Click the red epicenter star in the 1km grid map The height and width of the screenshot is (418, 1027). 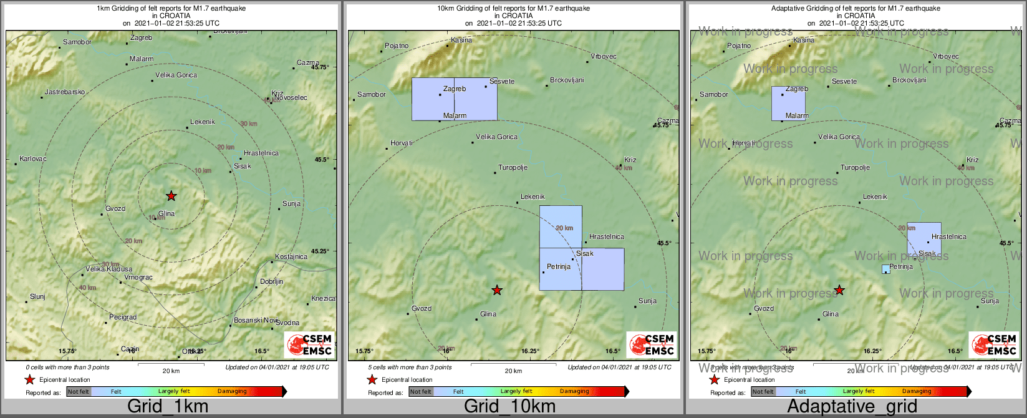click(171, 196)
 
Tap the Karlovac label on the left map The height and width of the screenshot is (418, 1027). click(33, 158)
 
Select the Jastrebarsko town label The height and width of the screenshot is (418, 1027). click(64, 92)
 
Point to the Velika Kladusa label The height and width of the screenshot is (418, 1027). click(108, 269)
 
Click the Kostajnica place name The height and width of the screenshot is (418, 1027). click(291, 256)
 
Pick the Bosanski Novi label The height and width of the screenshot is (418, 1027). click(256, 320)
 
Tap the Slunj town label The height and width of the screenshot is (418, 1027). click(37, 296)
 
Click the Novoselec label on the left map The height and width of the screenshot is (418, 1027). click(291, 97)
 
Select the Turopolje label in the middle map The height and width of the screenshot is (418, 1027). click(513, 168)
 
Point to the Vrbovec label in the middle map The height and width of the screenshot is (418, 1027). click(603, 56)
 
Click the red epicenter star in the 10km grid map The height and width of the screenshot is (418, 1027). click(497, 290)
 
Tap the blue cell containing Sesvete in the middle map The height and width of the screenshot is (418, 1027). click(476, 99)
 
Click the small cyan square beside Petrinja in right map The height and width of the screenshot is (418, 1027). click(885, 269)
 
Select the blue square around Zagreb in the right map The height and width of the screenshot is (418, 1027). click(789, 103)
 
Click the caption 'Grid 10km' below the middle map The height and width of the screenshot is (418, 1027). click(509, 406)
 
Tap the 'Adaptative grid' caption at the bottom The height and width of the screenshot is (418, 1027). click(852, 406)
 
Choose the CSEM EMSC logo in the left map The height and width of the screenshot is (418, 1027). click(310, 344)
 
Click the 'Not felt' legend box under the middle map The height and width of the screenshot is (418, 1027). click(421, 392)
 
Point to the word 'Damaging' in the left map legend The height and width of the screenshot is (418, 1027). click(232, 392)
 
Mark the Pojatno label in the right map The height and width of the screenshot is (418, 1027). click(739, 46)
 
